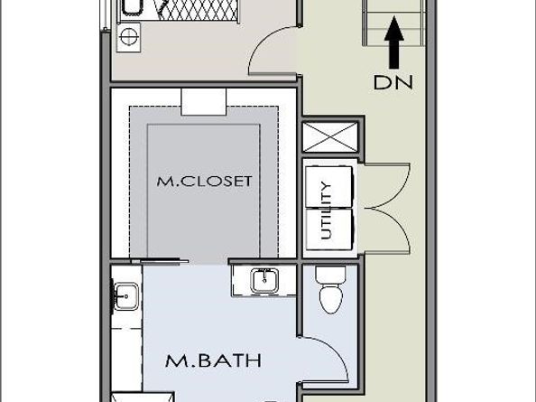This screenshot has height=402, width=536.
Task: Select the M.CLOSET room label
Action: coord(204,181)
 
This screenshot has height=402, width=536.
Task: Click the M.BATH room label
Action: coord(213,361)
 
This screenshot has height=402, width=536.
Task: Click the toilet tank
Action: coord(328,274)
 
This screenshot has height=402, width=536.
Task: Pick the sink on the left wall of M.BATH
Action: coord(125,294)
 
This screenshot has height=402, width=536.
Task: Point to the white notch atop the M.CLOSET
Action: coord(196,100)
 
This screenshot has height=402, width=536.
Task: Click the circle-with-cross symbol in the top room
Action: coord(129,37)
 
